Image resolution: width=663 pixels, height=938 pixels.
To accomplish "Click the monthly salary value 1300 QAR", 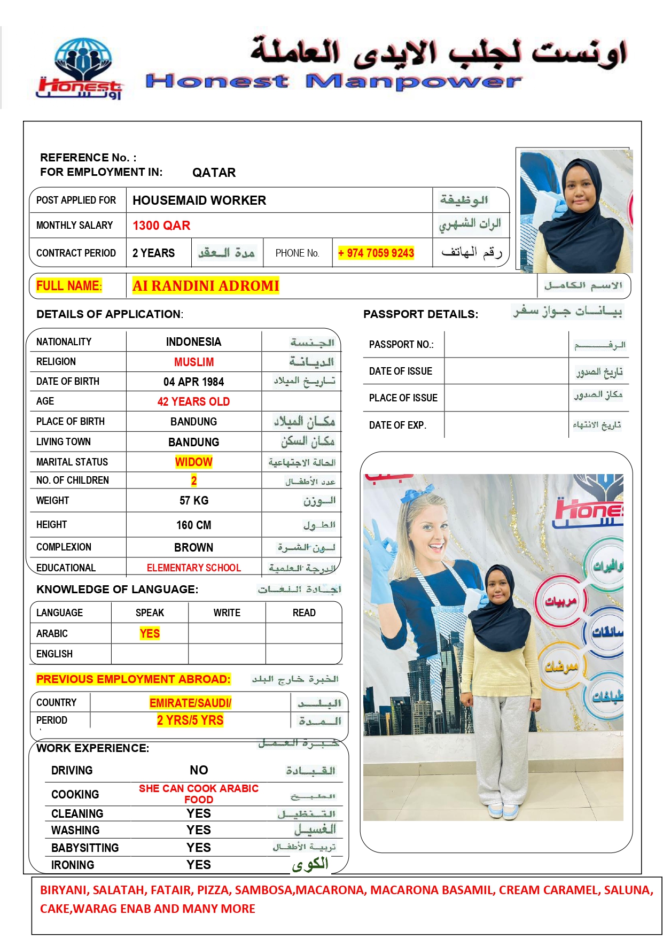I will pyautogui.click(x=161, y=226).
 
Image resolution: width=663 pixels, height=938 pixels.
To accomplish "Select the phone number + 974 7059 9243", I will pyautogui.click(x=376, y=253).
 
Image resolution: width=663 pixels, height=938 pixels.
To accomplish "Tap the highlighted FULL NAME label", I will pyautogui.click(x=68, y=286).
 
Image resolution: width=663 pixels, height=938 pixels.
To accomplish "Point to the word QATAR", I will pyautogui.click(x=214, y=173).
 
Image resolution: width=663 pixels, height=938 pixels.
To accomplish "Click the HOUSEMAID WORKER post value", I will pyautogui.click(x=199, y=200).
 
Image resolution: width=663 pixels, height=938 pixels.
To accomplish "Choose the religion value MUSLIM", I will pyautogui.click(x=193, y=362).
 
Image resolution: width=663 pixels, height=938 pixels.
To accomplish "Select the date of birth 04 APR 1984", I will pyautogui.click(x=193, y=382).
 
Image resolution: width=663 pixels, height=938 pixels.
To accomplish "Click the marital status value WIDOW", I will pyautogui.click(x=193, y=462).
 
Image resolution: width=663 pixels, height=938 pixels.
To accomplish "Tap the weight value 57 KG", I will pyautogui.click(x=193, y=500).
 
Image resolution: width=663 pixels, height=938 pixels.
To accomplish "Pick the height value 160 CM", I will pyautogui.click(x=193, y=525).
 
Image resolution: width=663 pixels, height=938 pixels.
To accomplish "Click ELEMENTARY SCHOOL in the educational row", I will pyautogui.click(x=193, y=568).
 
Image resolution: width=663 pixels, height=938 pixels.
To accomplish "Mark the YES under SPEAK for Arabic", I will pyautogui.click(x=150, y=633).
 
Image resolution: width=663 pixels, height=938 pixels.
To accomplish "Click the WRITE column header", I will pyautogui.click(x=227, y=613).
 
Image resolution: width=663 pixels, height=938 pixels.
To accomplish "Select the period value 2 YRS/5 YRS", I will pyautogui.click(x=190, y=720).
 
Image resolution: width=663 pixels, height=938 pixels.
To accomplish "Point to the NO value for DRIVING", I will pyautogui.click(x=199, y=770).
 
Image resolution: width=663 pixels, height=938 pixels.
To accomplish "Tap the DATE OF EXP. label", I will pyautogui.click(x=397, y=425).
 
